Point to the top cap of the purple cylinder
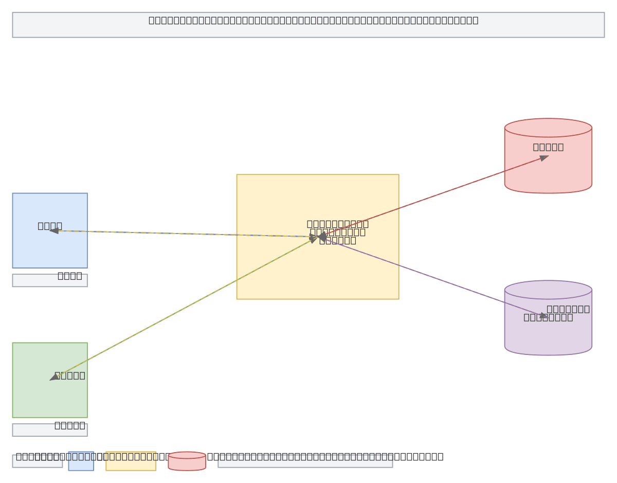pos(548,290)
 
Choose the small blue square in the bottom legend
pos(81,461)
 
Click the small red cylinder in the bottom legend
pos(187,462)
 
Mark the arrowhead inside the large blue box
pos(53,231)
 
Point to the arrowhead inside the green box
pos(54,378)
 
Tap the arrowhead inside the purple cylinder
pos(543,316)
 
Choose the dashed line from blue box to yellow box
pos(185,234)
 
